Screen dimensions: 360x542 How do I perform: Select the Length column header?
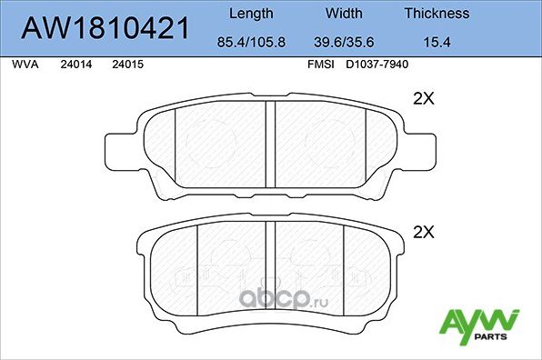tap(250, 14)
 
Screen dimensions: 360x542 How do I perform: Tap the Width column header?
tap(344, 14)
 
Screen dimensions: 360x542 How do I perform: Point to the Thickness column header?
tap(437, 14)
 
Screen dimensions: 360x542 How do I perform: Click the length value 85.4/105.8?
tap(250, 42)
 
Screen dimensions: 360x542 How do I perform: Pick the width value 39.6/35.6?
tap(344, 42)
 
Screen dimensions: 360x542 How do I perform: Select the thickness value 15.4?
tap(437, 42)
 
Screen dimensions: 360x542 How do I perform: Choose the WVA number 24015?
tap(126, 66)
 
